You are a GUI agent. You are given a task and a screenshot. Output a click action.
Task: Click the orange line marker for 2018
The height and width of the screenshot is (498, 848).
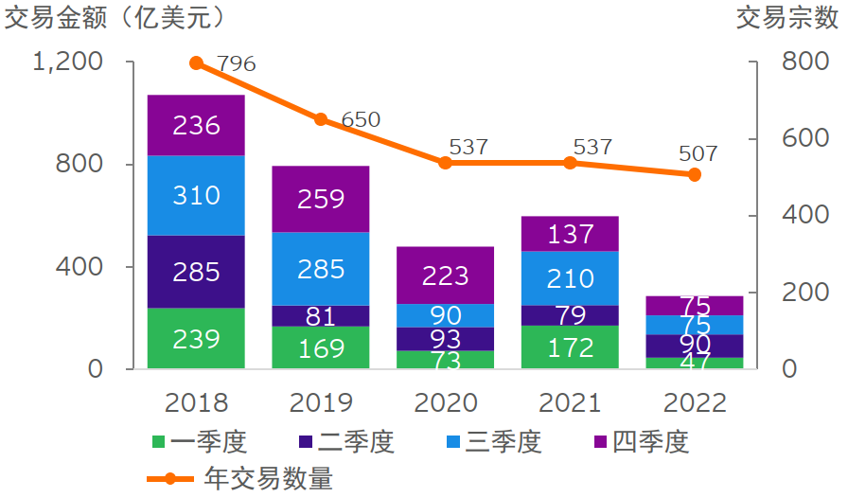click(x=196, y=63)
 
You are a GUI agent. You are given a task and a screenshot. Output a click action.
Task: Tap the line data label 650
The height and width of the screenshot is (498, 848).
click(x=361, y=119)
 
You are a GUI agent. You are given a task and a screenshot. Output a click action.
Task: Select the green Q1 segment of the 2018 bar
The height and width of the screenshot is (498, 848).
click(x=196, y=338)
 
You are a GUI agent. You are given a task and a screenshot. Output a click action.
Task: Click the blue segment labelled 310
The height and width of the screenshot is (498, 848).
click(x=196, y=195)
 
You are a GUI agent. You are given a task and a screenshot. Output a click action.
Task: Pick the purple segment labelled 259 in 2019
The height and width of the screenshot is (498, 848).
click(x=321, y=199)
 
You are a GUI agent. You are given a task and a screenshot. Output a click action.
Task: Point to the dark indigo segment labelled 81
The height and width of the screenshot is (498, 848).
click(x=321, y=316)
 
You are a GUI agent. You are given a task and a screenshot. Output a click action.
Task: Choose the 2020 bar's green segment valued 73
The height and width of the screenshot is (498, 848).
click(x=446, y=360)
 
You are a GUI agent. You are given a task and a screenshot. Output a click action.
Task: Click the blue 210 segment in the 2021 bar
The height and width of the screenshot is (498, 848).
click(x=570, y=278)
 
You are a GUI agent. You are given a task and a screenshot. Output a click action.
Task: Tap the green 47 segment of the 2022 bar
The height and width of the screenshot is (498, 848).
click(x=695, y=363)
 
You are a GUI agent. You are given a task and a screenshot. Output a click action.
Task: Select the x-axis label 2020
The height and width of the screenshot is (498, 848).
click(x=446, y=403)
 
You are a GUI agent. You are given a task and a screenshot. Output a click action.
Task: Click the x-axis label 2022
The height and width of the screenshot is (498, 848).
click(x=695, y=403)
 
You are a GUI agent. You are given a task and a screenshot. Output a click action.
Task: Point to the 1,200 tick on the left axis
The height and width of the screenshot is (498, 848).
click(x=67, y=62)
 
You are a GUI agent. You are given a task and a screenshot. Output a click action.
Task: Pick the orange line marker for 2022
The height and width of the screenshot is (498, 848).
click(x=695, y=174)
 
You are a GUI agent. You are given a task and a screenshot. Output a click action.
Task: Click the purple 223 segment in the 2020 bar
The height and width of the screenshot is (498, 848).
click(x=446, y=275)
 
